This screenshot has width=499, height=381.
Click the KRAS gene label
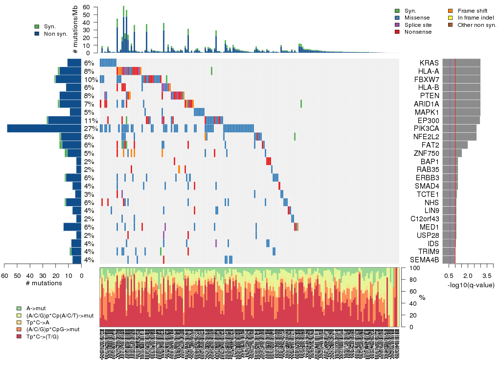point(429,63)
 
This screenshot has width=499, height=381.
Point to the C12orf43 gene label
point(425,219)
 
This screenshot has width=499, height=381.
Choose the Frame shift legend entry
point(470,11)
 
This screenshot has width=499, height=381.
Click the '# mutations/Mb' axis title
point(75,30)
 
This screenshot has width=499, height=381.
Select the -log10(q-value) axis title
point(470,285)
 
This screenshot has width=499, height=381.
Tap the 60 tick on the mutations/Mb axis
point(87,7)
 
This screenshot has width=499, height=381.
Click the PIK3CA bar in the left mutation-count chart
point(44,128)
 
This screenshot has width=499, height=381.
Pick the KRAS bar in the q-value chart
point(461,63)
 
